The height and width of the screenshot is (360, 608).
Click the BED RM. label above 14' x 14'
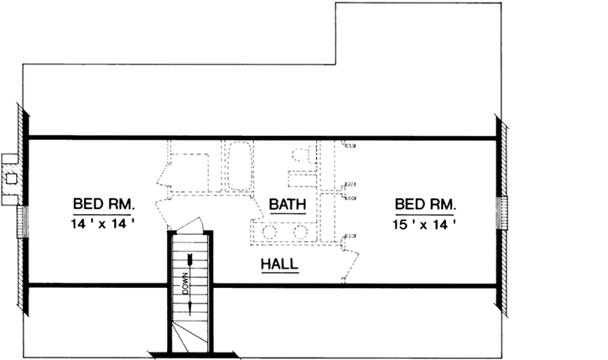pyautogui.click(x=104, y=203)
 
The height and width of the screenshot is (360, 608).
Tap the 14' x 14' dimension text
pyautogui.click(x=104, y=224)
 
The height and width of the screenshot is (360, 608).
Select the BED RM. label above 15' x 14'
pyautogui.click(x=425, y=203)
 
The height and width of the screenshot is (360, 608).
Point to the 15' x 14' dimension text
pyautogui.click(x=425, y=224)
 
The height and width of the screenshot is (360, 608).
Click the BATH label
pyautogui.click(x=287, y=203)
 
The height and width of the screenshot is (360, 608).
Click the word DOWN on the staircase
pyautogui.click(x=184, y=284)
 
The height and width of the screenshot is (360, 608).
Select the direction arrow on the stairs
pyautogui.click(x=192, y=281)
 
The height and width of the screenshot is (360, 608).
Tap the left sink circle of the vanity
pyautogui.click(x=271, y=232)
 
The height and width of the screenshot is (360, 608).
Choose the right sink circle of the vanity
pyautogui.click(x=299, y=232)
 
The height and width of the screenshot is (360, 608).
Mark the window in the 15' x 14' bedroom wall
pyautogui.click(x=503, y=211)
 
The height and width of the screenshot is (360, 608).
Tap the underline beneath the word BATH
pyautogui.click(x=287, y=212)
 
